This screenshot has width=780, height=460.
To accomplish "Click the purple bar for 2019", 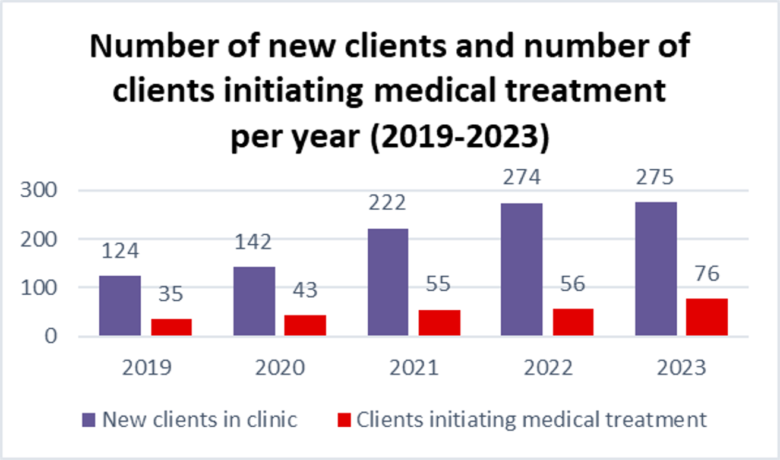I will click(x=119, y=305).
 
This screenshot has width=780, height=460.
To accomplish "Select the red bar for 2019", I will click(x=171, y=327).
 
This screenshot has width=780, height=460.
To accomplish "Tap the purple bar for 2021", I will click(x=388, y=282).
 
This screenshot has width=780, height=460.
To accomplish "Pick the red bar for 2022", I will click(x=573, y=322).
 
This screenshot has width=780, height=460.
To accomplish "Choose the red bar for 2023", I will click(x=707, y=317).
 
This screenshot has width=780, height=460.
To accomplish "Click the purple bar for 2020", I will click(x=254, y=301).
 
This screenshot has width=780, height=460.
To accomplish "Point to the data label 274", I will click(x=521, y=177).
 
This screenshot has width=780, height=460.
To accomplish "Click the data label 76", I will click(x=706, y=274).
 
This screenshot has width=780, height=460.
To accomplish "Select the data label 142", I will click(x=252, y=242).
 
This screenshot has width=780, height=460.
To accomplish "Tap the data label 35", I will click(x=171, y=294).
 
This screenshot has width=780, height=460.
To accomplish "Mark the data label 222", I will click(x=386, y=203).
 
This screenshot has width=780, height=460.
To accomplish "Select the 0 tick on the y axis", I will click(x=53, y=336).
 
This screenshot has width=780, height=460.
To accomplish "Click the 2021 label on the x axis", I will click(x=414, y=367).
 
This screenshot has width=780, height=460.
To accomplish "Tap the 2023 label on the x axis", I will click(x=681, y=367).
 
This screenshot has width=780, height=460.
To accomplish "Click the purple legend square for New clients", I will click(x=89, y=420).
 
